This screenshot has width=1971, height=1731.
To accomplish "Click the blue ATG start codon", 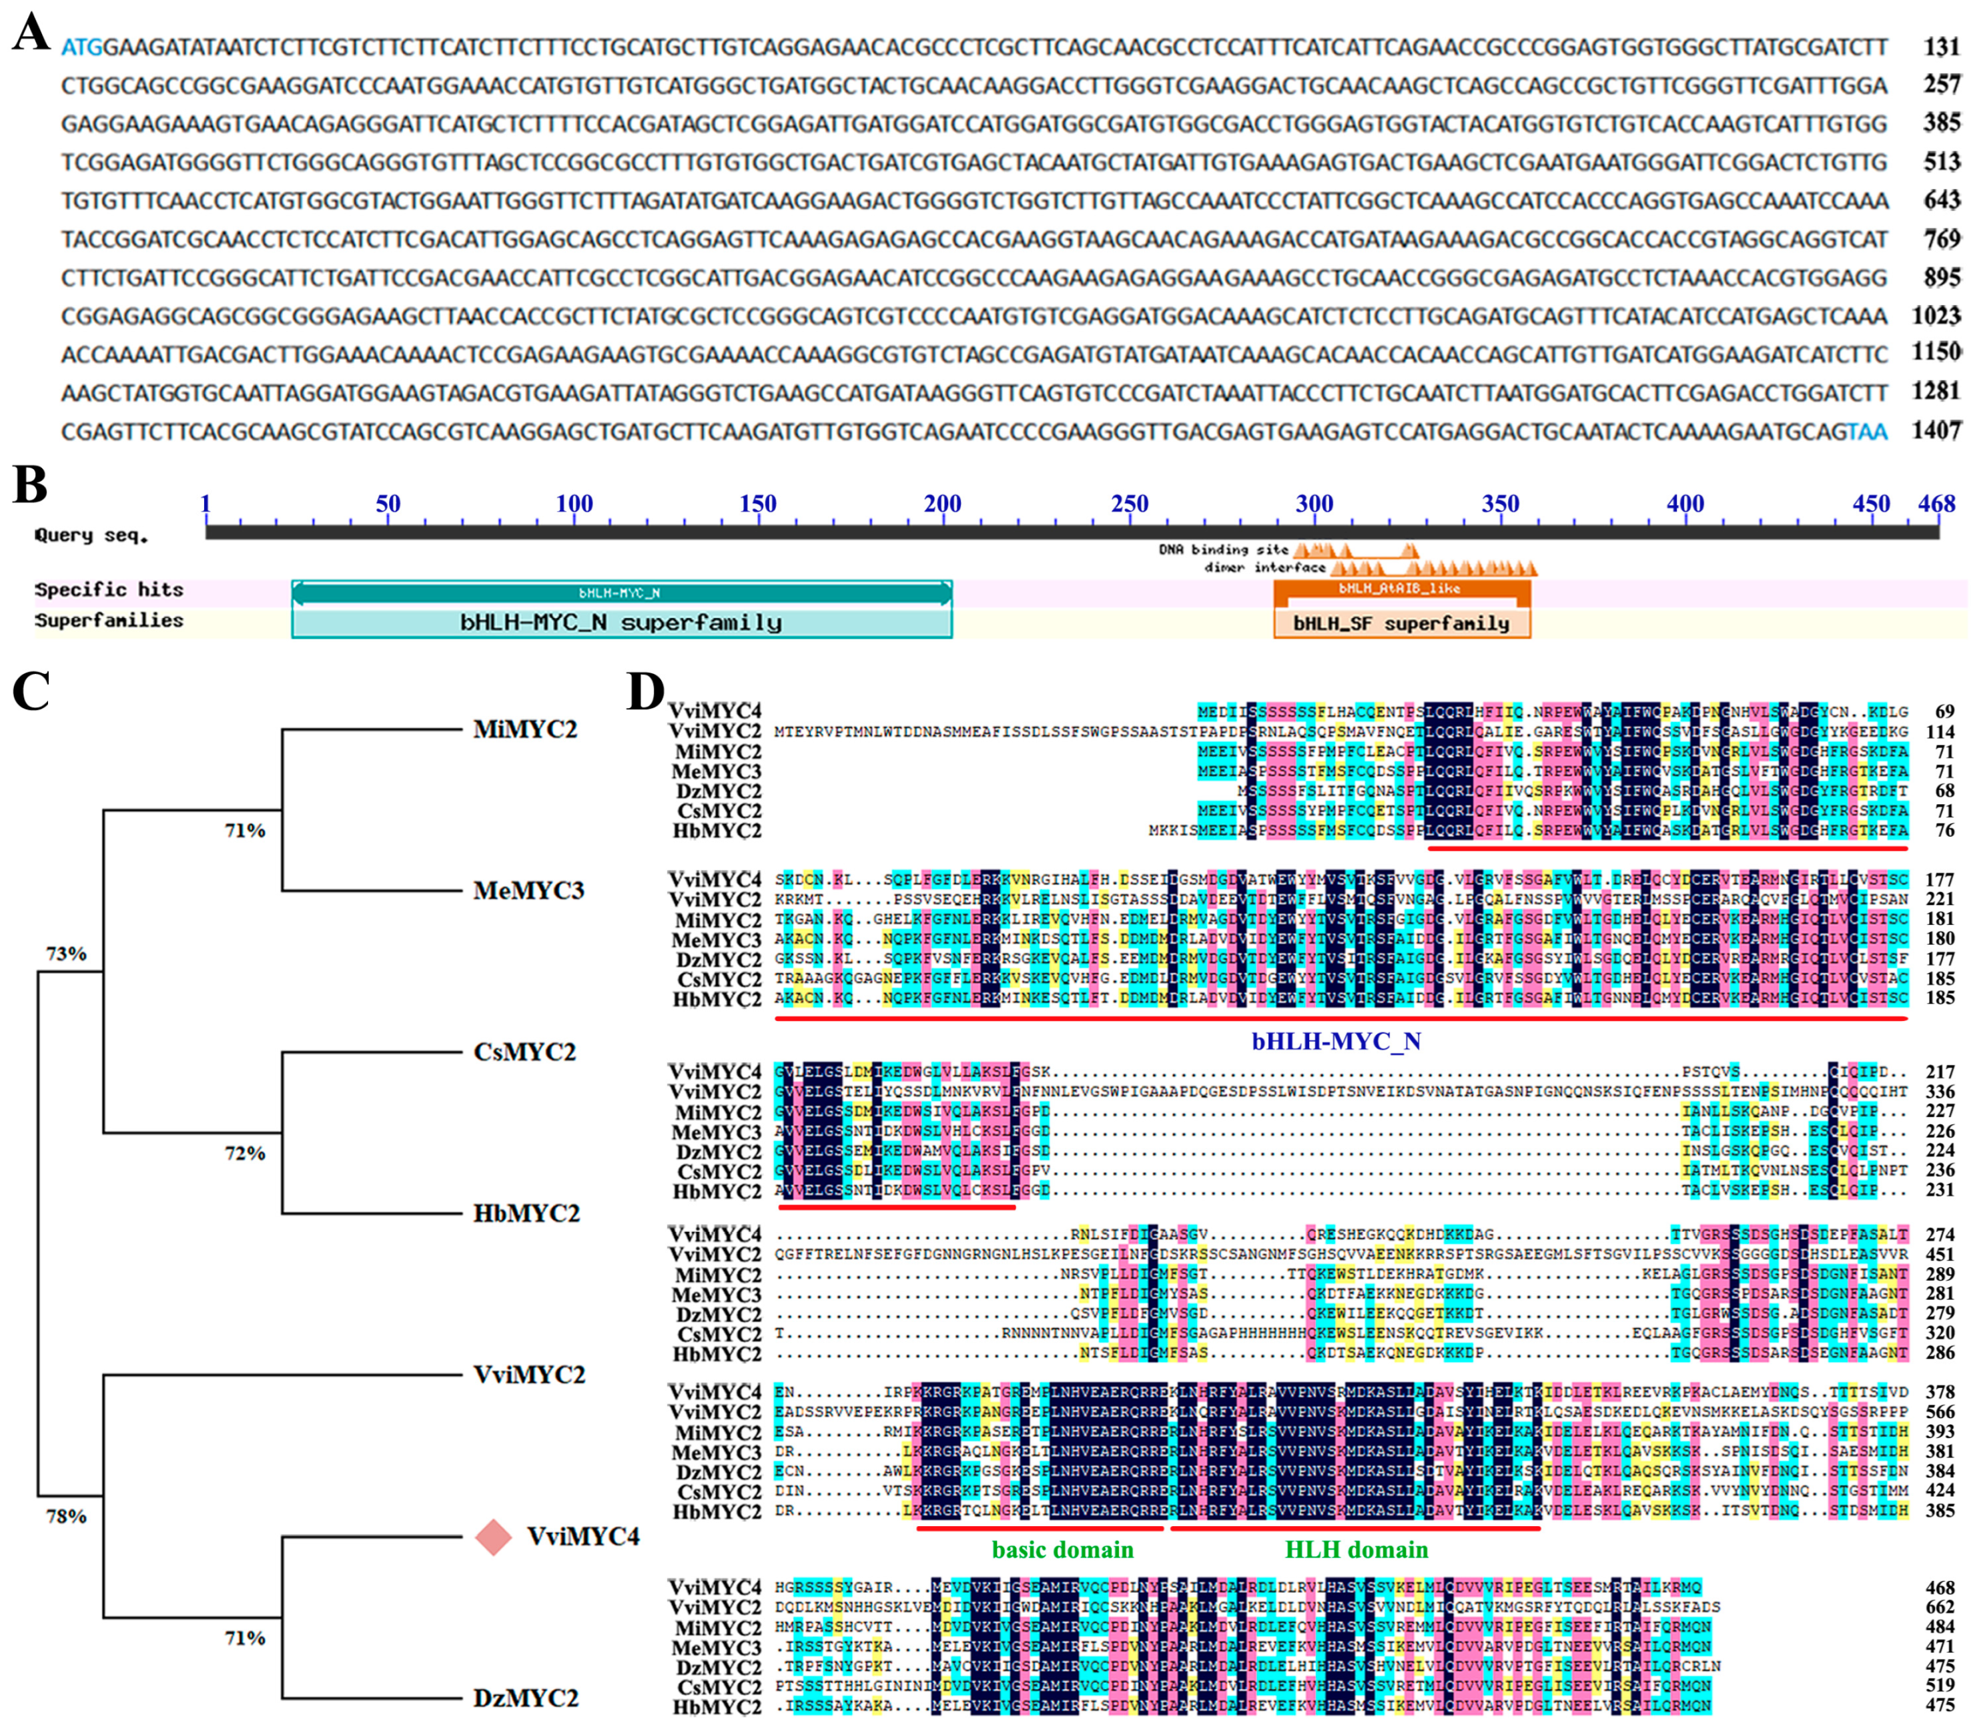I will [x=81, y=47].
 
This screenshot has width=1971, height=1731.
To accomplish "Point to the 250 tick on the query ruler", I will [x=1129, y=503].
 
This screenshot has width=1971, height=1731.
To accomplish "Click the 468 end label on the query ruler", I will [x=1936, y=503].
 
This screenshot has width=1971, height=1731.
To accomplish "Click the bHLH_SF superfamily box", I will [x=1401, y=624].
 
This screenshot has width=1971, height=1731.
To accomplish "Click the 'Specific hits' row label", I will [x=109, y=590].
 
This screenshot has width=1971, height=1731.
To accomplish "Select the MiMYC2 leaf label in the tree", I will [x=524, y=730].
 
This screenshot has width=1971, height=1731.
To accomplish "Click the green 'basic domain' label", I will [x=1063, y=1549].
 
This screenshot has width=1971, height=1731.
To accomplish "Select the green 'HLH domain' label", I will [x=1356, y=1549].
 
